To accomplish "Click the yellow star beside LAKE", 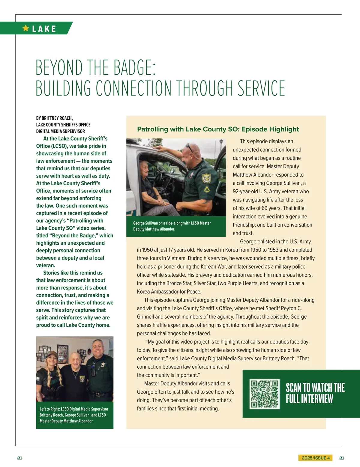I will click(x=26, y=28).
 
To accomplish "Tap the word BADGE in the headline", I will click(x=129, y=67).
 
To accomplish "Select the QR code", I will click(x=265, y=394).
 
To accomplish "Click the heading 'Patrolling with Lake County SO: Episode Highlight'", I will click(x=218, y=129).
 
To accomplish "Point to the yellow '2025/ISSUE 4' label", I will click(x=316, y=458).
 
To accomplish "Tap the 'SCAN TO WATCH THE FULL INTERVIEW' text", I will click(x=315, y=393).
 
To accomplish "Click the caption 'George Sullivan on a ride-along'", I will click(x=172, y=223).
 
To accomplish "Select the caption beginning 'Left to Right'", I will click(x=74, y=415).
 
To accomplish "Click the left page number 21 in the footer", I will click(x=19, y=458).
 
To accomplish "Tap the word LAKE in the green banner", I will click(x=44, y=29).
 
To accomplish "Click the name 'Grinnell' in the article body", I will click(x=146, y=317).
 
